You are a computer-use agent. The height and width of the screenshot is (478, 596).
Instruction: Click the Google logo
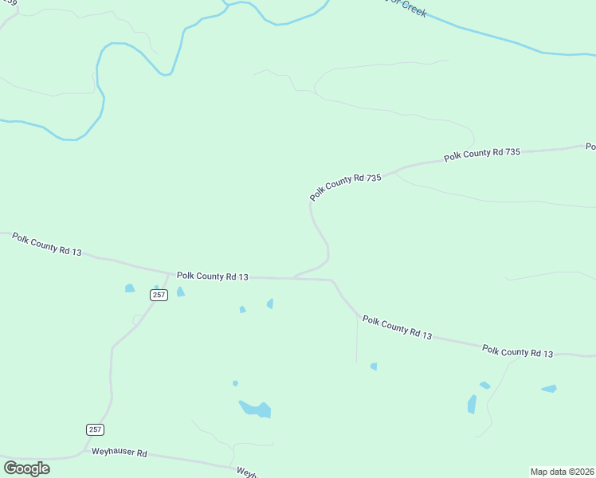(x=26, y=468)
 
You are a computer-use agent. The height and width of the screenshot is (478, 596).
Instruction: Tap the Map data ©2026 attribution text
(x=562, y=471)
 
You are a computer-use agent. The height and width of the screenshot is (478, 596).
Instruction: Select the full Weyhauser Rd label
(x=120, y=453)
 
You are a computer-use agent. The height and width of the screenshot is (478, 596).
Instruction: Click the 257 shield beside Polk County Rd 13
(x=159, y=295)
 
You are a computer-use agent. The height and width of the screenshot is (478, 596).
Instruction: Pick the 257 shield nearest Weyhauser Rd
(x=95, y=429)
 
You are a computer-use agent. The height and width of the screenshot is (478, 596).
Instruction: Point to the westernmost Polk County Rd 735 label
(x=346, y=187)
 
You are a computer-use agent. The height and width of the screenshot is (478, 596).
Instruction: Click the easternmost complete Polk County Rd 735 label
(x=481, y=154)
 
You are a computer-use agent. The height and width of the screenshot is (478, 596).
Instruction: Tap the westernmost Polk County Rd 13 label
(x=46, y=243)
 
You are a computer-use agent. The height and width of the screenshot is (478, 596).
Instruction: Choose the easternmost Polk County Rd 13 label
(x=517, y=351)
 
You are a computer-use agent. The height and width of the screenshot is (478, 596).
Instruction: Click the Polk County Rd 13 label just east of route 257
(x=213, y=276)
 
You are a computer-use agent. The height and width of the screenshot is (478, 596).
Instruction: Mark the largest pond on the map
(x=257, y=409)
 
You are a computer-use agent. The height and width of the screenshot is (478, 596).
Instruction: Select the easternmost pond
(x=549, y=389)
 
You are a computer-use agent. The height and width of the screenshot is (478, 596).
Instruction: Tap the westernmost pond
(x=130, y=288)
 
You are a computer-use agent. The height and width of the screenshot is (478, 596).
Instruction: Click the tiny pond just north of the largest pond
(x=235, y=383)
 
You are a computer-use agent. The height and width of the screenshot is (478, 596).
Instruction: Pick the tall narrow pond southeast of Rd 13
(x=472, y=404)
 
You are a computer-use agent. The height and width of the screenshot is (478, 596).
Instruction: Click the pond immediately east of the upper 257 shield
(x=180, y=292)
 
